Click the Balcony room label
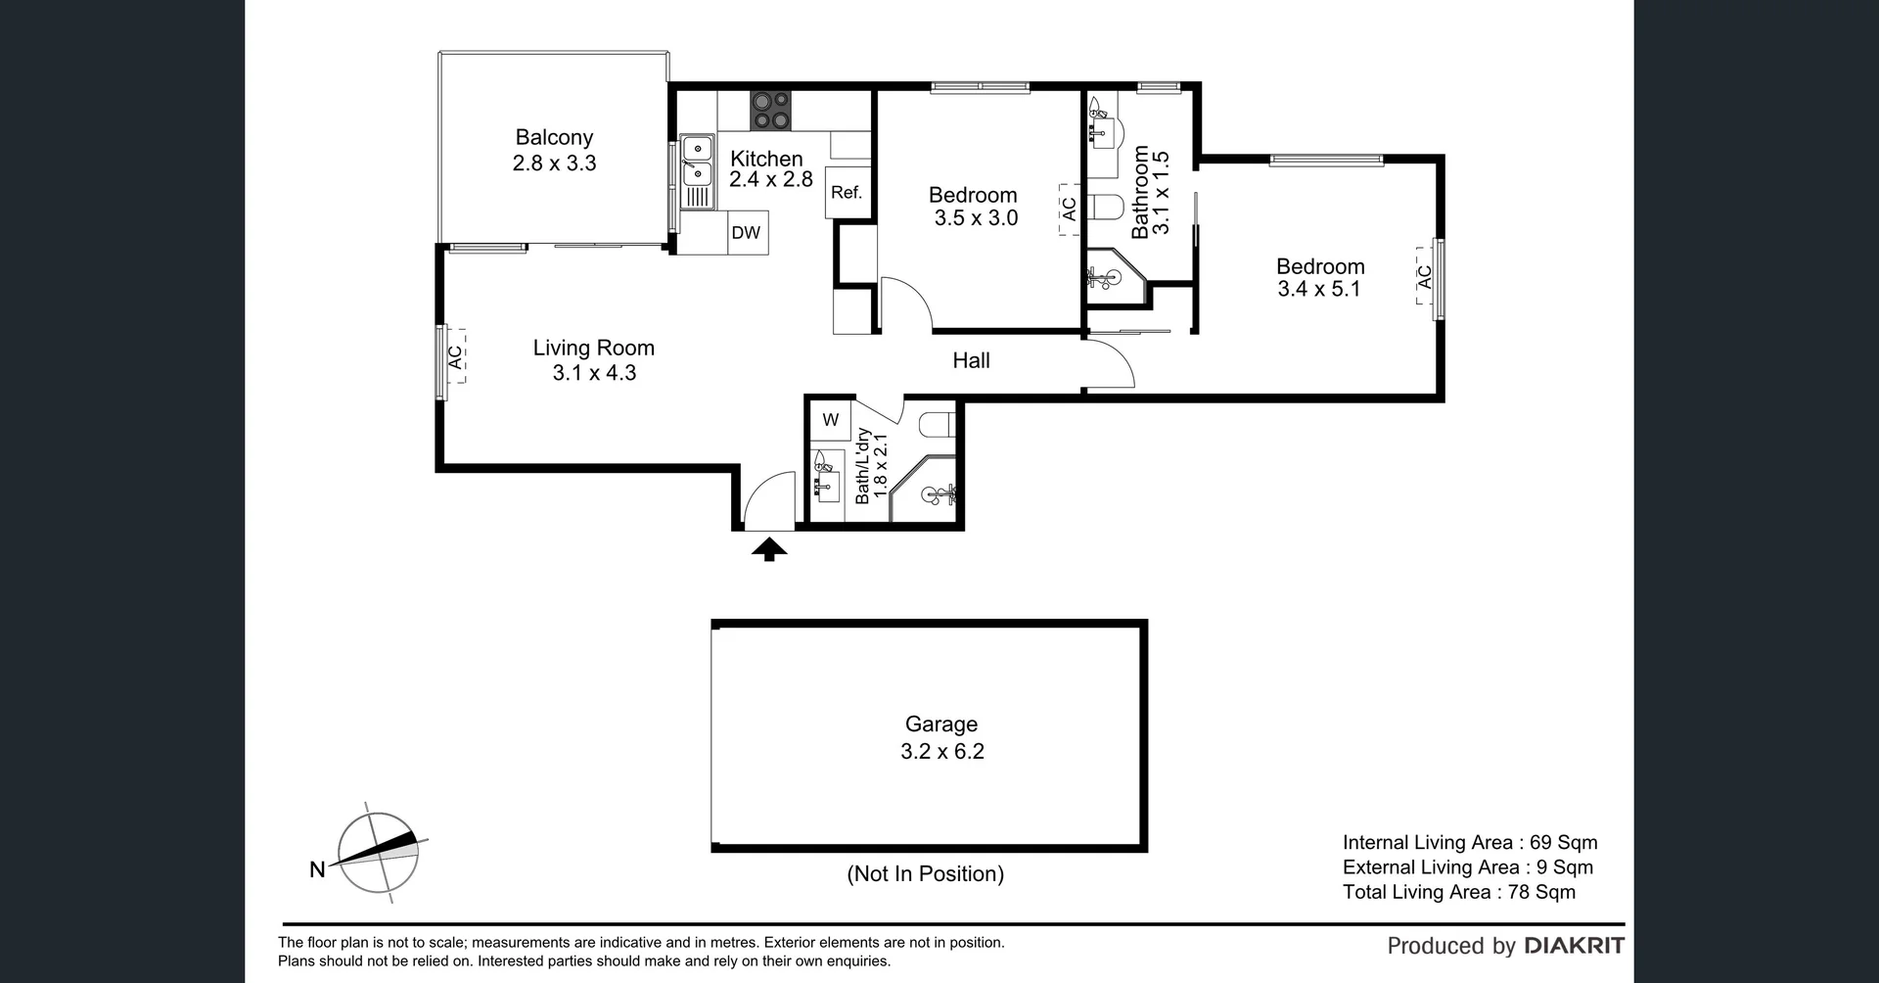554,138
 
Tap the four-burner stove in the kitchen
771,110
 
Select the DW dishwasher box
747,233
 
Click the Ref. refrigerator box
847,193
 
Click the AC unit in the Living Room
453,357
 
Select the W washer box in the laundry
831,420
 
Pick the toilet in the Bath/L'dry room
937,424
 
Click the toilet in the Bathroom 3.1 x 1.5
1106,209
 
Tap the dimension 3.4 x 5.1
1319,289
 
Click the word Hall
971,360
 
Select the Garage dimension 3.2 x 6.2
941,751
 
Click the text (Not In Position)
925,873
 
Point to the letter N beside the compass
317,869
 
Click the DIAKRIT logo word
1575,946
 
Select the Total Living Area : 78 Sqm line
1458,891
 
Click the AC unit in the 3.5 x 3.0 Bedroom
1069,210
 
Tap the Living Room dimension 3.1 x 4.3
594,373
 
